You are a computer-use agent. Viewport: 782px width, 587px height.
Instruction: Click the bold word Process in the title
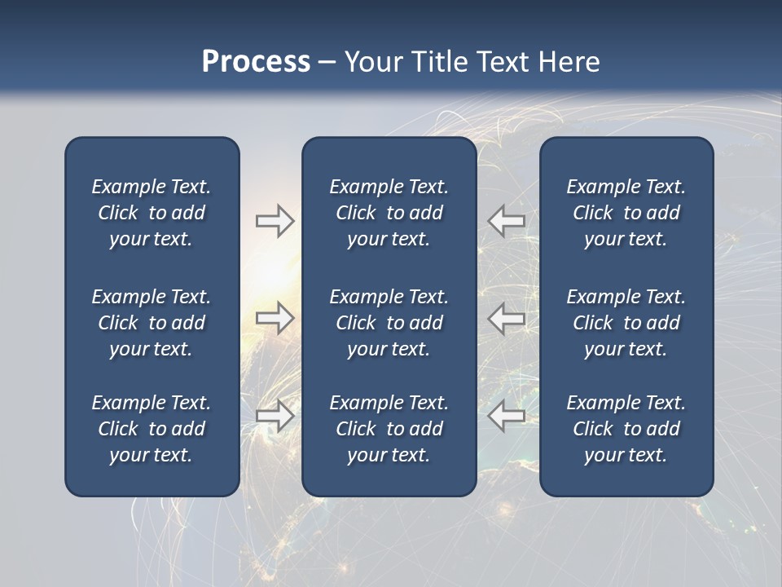click(256, 62)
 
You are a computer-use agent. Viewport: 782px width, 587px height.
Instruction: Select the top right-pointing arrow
click(275, 220)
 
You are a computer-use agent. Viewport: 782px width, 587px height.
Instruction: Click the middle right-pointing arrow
click(275, 318)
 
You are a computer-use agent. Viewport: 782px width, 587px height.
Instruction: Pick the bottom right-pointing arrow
click(275, 416)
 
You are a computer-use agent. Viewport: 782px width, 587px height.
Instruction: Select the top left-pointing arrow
click(506, 220)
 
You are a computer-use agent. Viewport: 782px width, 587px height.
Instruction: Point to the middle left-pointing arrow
click(506, 318)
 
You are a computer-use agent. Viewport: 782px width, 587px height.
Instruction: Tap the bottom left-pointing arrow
click(506, 416)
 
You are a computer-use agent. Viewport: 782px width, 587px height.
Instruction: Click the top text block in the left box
click(152, 213)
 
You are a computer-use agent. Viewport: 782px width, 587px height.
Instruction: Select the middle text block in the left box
click(152, 323)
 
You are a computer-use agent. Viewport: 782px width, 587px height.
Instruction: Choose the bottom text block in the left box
click(152, 429)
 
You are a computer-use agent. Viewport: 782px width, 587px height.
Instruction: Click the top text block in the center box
click(389, 213)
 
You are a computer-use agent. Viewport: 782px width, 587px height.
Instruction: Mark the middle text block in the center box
click(389, 323)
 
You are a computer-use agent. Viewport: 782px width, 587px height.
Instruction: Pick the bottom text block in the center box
click(389, 429)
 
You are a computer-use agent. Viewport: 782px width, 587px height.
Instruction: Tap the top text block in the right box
click(626, 213)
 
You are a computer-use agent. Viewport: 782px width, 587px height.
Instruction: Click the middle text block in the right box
click(626, 323)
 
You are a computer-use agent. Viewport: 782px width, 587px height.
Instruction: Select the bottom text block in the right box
click(626, 429)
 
